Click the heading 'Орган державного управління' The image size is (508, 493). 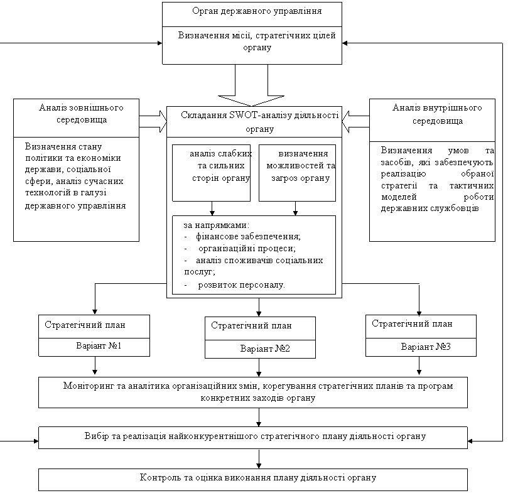257,11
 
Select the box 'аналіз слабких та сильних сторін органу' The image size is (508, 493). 211,173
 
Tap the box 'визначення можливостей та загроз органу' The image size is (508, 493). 297,173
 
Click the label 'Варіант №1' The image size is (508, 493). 99,346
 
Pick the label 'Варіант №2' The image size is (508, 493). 265,349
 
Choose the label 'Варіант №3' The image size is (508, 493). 426,347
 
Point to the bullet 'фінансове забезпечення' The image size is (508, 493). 247,236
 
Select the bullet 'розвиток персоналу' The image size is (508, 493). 241,285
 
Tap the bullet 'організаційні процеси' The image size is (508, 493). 247,249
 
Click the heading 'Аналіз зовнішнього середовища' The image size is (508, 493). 82,114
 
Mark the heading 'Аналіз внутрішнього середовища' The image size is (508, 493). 438,114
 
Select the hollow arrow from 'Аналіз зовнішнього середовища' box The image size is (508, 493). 153,122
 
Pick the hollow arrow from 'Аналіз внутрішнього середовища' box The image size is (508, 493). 356,122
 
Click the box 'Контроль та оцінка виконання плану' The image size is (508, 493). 253,479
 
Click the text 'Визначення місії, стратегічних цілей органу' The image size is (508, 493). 257,41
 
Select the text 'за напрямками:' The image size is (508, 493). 217,225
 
